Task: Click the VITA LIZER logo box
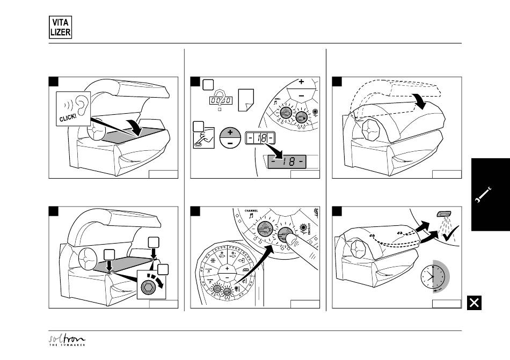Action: pyautogui.click(x=58, y=26)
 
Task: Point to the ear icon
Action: pyautogui.click(x=80, y=104)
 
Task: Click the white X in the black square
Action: pyautogui.click(x=473, y=303)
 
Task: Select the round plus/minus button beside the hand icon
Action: pyautogui.click(x=230, y=139)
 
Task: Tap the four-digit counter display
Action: pyautogui.click(x=220, y=101)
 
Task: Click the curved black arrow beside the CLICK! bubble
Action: pyautogui.click(x=135, y=128)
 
